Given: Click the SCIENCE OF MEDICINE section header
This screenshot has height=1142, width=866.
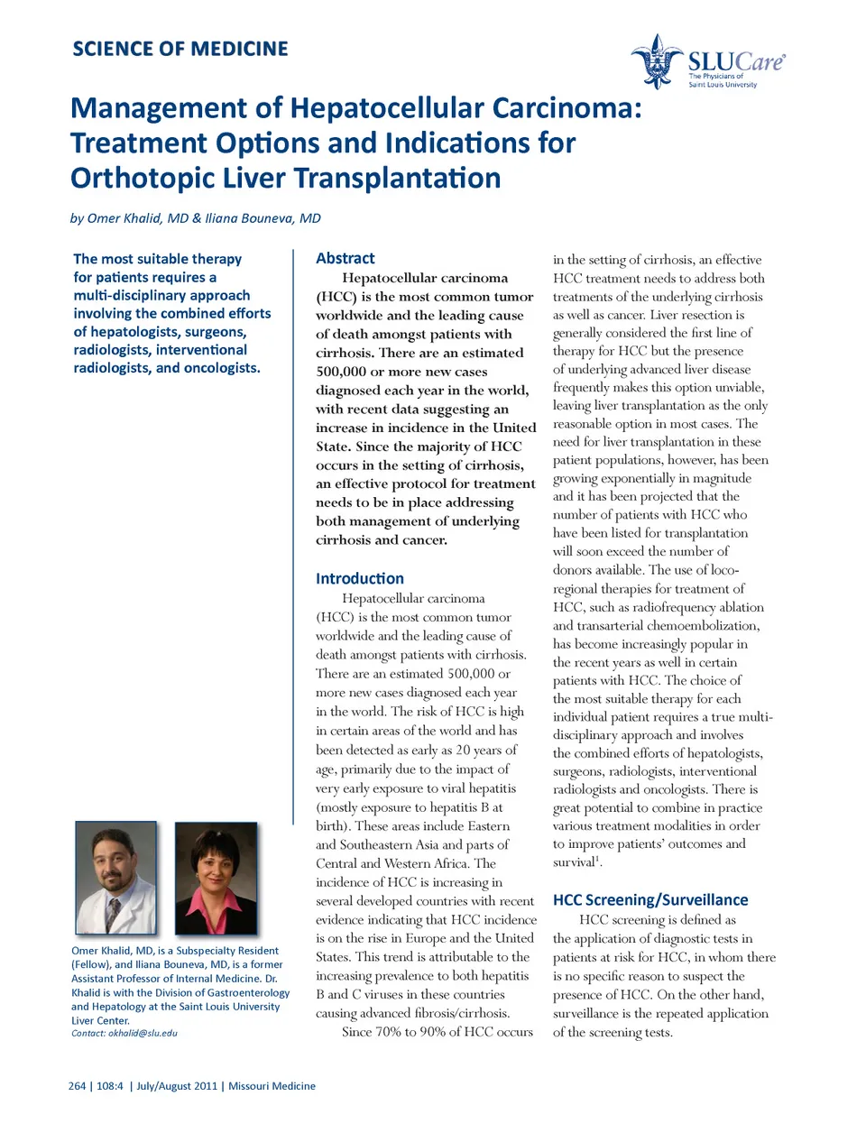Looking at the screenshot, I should (x=180, y=49).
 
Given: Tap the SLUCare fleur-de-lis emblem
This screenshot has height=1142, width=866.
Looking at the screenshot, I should (x=657, y=60).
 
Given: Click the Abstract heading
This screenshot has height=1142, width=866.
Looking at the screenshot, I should (x=345, y=258).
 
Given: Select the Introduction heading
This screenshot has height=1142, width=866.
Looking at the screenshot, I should (x=359, y=578).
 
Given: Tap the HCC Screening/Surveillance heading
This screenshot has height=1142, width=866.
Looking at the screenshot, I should (x=650, y=899).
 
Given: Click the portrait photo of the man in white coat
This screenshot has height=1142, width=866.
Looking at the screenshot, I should (x=116, y=878).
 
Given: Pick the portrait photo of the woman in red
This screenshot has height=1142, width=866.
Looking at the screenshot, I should (x=216, y=878).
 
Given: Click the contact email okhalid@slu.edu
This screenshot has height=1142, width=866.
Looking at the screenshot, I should (x=143, y=1033).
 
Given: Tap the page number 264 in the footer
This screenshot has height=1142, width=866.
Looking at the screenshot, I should (x=77, y=1086).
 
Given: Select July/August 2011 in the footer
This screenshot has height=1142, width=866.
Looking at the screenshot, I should (x=177, y=1086).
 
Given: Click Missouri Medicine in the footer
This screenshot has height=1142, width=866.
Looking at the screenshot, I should (x=272, y=1086).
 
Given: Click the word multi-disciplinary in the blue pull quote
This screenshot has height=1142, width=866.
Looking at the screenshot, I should (x=162, y=295).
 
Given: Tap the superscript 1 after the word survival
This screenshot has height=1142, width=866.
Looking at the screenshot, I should (x=597, y=859).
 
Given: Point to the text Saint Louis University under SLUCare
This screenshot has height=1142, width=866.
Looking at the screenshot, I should (x=723, y=85).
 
